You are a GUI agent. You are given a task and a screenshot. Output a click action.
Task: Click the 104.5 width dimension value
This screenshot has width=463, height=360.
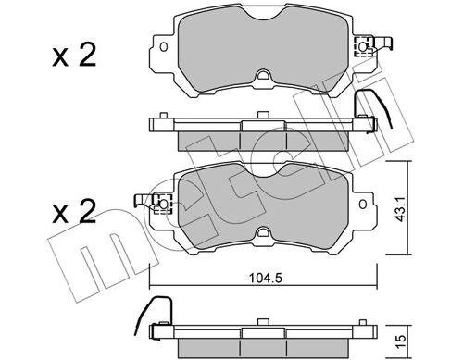pyautogui.click(x=266, y=279)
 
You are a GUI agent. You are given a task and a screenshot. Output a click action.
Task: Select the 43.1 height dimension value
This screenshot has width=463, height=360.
pyautogui.click(x=401, y=209)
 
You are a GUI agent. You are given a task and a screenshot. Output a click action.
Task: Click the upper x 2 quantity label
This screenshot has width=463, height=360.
pyautogui.click(x=74, y=56)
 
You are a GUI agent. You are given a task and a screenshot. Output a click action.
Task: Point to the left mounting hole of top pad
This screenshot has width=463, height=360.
pyautogui.click(x=164, y=47)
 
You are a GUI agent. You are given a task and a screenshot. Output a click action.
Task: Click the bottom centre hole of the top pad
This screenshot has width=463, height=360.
pyautogui.click(x=264, y=75)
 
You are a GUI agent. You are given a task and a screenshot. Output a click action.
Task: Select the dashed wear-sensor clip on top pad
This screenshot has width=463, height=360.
pyautogui.click(x=364, y=47)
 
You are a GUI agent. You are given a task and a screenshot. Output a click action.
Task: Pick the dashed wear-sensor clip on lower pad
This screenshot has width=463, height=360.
pyautogui.click(x=163, y=204)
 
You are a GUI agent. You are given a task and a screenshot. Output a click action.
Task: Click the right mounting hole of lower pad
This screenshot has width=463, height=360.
pyautogui.click(x=363, y=204)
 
